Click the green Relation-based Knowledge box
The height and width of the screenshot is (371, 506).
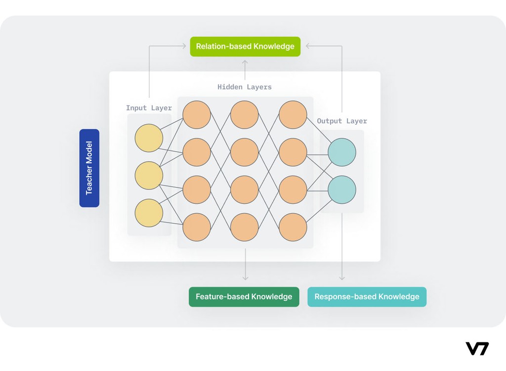(x=245, y=46)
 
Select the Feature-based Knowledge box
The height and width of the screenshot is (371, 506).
(x=244, y=297)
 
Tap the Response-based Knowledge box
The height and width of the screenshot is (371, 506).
(x=367, y=297)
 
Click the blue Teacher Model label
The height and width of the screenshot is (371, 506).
(x=89, y=168)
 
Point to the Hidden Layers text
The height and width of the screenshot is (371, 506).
(x=245, y=87)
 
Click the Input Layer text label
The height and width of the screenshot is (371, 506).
(x=149, y=108)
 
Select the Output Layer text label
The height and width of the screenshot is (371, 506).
(x=342, y=121)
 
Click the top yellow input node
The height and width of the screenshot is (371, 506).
(x=149, y=138)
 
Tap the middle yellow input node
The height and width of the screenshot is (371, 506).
(x=149, y=176)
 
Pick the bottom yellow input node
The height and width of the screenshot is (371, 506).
(x=149, y=213)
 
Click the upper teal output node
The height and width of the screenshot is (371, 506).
(x=342, y=152)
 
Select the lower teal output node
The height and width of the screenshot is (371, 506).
(x=342, y=190)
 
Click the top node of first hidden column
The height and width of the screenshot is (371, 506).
(x=197, y=115)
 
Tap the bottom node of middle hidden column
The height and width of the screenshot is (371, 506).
(x=245, y=228)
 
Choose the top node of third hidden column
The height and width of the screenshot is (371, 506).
(x=293, y=115)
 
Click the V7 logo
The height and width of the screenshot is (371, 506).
(x=477, y=349)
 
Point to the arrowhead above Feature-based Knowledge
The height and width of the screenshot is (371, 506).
(x=246, y=278)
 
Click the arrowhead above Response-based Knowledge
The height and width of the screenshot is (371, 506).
(x=342, y=278)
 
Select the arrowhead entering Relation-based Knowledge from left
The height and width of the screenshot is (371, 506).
(x=184, y=46)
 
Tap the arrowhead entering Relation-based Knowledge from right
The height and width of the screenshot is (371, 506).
(x=308, y=46)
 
